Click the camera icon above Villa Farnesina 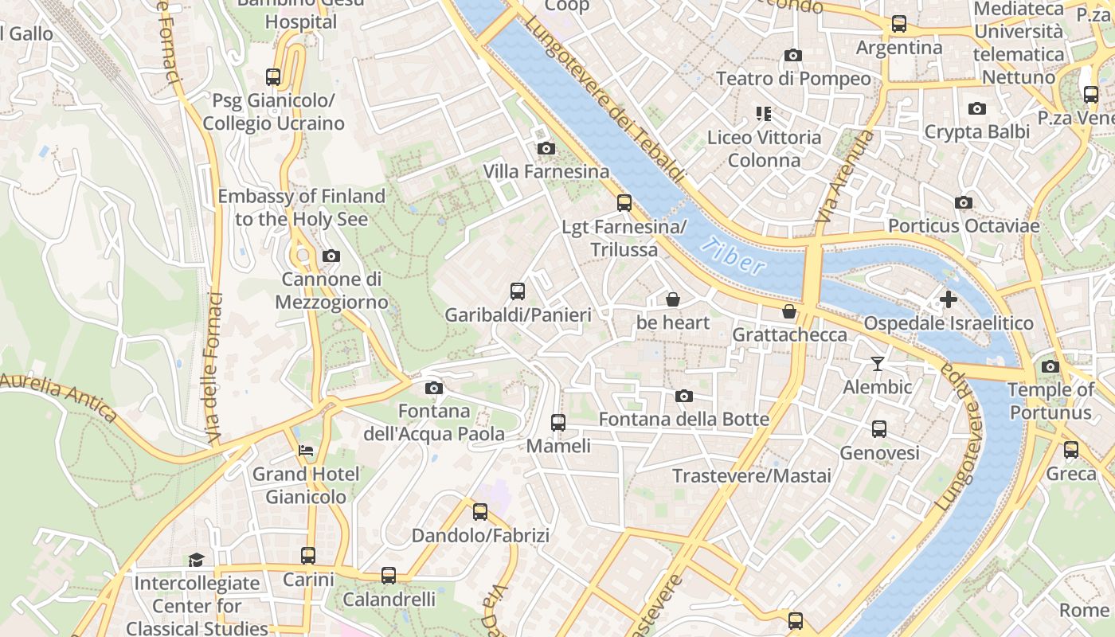click(546, 149)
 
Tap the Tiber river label click(734, 256)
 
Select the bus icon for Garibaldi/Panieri click(518, 291)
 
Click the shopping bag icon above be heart click(673, 299)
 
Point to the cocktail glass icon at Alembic click(877, 364)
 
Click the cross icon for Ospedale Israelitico click(948, 299)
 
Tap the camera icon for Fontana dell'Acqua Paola click(434, 388)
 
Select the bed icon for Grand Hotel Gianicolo click(306, 451)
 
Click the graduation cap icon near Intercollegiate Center click(196, 560)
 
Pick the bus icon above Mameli click(558, 422)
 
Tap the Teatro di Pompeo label click(793, 79)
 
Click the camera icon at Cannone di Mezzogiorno click(331, 256)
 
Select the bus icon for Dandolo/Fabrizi click(480, 512)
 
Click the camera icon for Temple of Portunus click(1050, 366)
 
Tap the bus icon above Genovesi click(879, 429)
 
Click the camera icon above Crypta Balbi click(977, 108)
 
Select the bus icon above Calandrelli click(389, 575)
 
